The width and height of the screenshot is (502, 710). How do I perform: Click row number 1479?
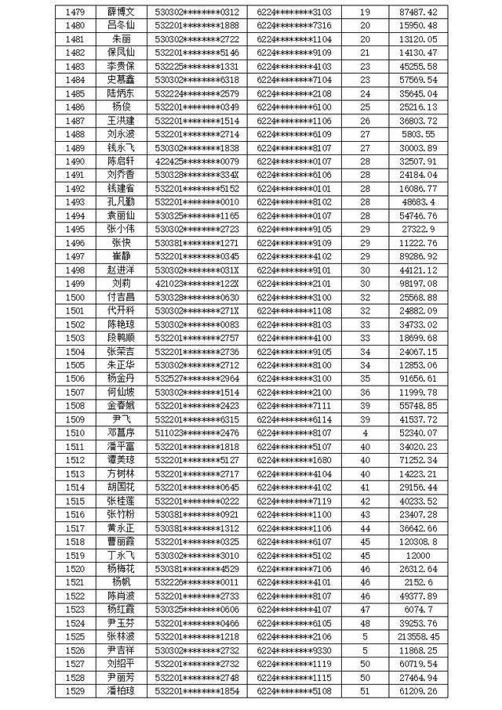(x=76, y=12)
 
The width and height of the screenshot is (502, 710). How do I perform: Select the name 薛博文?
(x=122, y=12)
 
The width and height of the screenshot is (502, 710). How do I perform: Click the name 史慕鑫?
(x=122, y=80)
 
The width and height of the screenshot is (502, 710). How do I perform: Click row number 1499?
(x=76, y=284)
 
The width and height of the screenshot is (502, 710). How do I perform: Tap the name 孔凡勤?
(x=122, y=201)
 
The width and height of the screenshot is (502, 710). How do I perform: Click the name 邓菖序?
(x=122, y=433)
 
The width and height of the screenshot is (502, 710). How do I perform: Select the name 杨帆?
(x=122, y=582)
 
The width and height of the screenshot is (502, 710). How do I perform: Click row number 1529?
(x=76, y=691)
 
